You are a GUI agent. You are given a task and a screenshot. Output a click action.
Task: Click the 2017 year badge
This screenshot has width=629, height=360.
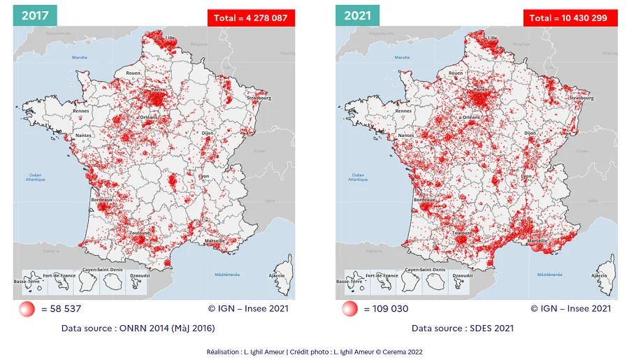pyautogui.click(x=34, y=15)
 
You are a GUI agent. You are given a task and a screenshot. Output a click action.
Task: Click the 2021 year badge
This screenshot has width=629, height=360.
pyautogui.click(x=357, y=15)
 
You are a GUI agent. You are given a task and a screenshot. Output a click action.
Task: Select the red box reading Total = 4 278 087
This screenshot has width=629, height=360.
pyautogui.click(x=251, y=18)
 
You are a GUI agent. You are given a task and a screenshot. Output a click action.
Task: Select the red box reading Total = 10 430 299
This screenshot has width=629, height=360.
pyautogui.click(x=570, y=18)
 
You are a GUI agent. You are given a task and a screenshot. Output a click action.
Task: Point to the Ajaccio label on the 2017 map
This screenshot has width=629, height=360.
pyautogui.click(x=276, y=275)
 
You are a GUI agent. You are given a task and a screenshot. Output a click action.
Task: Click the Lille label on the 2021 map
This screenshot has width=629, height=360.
pyautogui.click(x=493, y=38)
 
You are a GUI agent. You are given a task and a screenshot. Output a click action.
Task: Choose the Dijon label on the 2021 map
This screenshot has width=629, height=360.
pyautogui.click(x=530, y=132)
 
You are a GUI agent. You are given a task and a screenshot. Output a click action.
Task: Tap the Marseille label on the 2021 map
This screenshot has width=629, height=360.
pyautogui.click(x=537, y=240)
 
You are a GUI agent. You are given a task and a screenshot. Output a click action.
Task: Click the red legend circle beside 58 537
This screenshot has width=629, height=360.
pyautogui.click(x=27, y=309)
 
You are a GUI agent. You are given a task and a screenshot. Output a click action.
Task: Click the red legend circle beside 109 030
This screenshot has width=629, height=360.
pyautogui.click(x=350, y=309)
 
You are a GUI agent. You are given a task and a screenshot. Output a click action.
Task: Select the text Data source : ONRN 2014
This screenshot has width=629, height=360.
pyautogui.click(x=138, y=328)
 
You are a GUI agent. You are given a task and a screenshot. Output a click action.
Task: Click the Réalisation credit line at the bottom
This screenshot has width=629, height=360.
pyautogui.click(x=314, y=352)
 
